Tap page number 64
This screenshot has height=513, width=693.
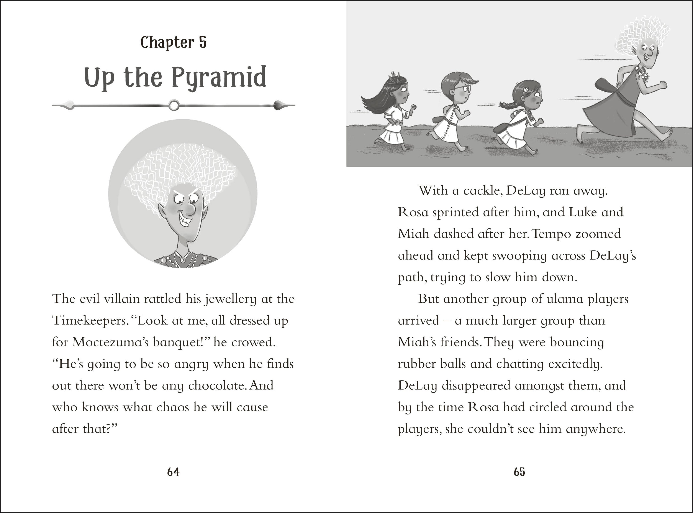click(173, 472)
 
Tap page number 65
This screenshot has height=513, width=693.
click(519, 472)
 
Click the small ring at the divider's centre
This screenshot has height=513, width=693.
click(174, 105)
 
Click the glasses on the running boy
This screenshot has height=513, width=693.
click(463, 88)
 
